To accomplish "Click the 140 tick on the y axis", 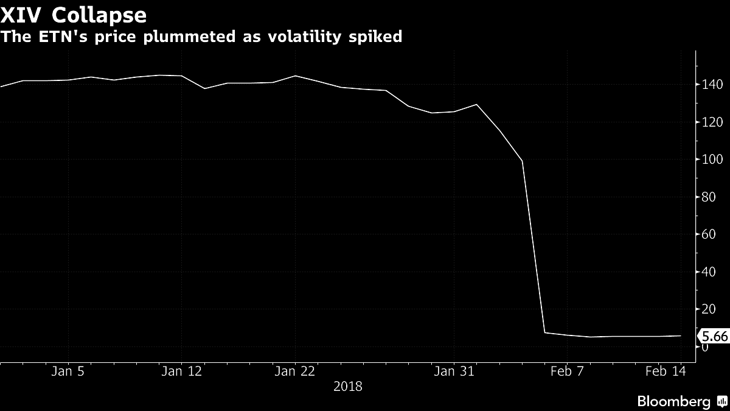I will point(712,85).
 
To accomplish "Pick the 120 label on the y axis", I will point(712,122).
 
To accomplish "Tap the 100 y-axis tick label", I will point(712,160).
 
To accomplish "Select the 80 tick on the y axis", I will point(709,197).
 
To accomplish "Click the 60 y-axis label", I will point(709,234).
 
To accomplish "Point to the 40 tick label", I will point(709,272).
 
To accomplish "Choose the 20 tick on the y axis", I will point(709,309).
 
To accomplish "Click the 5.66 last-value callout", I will point(712,336).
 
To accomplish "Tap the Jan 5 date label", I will point(68,371).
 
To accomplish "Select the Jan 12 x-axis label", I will point(181,371).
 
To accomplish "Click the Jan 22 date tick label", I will point(295,371).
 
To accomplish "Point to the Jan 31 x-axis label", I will point(454,371).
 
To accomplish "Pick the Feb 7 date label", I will point(566,371).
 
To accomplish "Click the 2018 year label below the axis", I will point(347,387).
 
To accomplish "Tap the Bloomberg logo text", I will point(673,401).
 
